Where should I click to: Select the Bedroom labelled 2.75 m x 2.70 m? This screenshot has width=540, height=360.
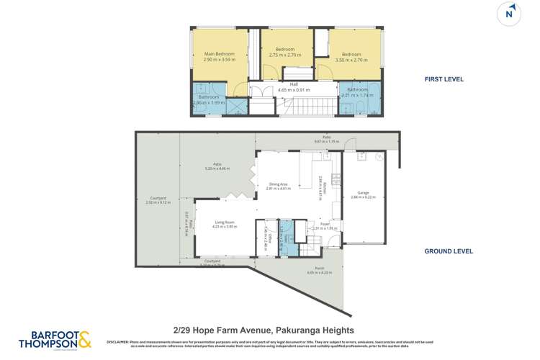click(x=285, y=52)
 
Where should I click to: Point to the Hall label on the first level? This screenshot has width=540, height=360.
click(x=293, y=87)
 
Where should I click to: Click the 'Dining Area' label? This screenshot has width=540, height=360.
click(x=279, y=186)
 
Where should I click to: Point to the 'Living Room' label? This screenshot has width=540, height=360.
click(x=225, y=225)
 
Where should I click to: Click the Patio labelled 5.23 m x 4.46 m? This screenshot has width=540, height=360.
click(x=216, y=166)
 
